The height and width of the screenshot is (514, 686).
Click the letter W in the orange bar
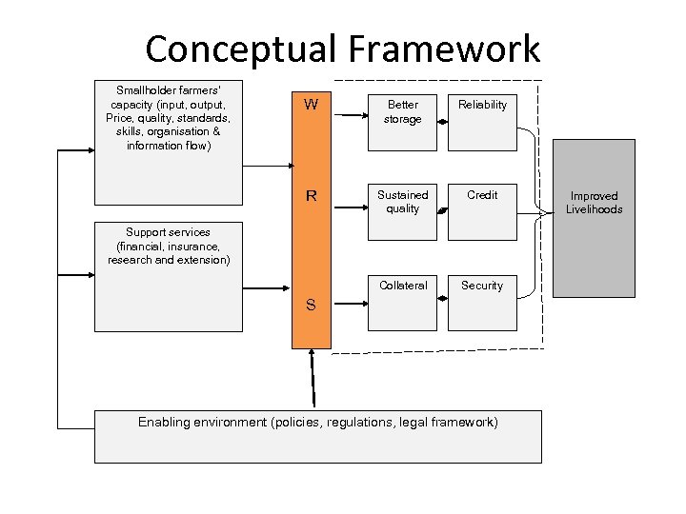(311, 105)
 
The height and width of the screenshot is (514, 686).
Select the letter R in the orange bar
(311, 197)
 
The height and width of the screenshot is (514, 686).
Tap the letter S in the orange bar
(311, 306)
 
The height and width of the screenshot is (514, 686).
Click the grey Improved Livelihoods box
(595, 217)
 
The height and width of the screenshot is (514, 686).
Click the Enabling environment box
(317, 436)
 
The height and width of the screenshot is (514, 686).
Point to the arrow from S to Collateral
(349, 305)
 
